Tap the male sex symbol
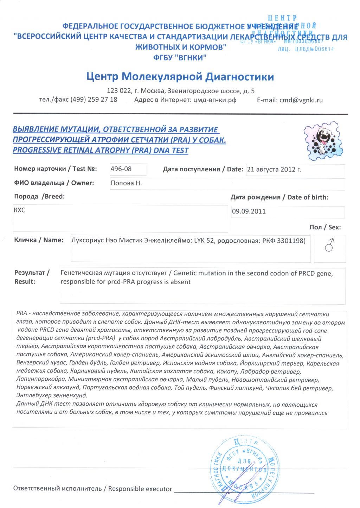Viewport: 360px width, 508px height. [329, 245]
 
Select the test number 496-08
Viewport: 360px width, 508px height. [121, 169]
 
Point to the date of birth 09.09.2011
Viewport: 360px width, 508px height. [249, 211]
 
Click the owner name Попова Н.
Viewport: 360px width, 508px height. [126, 183]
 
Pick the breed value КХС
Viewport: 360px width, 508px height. [20, 210]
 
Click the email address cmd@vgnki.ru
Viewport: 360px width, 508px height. [301, 100]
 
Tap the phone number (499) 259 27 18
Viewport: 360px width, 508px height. [94, 100]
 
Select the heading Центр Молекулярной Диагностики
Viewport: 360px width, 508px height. [180, 76]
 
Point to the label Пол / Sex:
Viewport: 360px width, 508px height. [325, 227]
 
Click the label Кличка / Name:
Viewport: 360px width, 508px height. [39, 240]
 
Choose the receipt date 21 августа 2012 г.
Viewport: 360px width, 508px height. [274, 169]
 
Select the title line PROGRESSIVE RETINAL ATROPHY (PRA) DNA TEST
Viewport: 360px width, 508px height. [101, 151]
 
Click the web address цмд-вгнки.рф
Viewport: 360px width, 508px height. [215, 100]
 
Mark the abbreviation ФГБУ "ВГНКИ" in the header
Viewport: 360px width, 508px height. [180, 58]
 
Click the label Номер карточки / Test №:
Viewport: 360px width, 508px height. [56, 169]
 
